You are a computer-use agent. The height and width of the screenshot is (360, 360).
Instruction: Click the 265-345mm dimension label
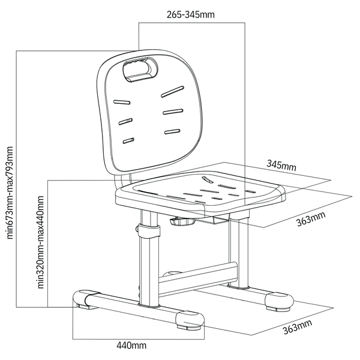pyautogui.click(x=191, y=14)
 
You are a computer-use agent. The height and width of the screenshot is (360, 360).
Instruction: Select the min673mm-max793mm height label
pyautogui.click(x=10, y=193)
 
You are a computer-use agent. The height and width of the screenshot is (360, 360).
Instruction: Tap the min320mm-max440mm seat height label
pyautogui.click(x=40, y=242)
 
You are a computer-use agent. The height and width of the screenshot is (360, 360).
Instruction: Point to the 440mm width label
pyautogui.click(x=131, y=346)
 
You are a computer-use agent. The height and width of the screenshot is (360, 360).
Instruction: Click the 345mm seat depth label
pyautogui.click(x=281, y=165)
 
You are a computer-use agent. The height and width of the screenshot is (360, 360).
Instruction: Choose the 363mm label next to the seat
pyautogui.click(x=311, y=218)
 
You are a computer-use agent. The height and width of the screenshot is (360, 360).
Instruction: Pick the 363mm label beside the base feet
pyautogui.click(x=298, y=326)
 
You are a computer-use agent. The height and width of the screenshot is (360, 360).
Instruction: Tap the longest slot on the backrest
pyautogui.click(x=172, y=92)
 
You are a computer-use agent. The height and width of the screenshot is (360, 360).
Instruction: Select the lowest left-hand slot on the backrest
pyautogui.click(x=128, y=141)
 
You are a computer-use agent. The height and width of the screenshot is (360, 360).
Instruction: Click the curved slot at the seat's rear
pyautogui.click(x=208, y=179)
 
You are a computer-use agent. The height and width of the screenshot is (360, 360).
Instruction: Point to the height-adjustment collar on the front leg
pyautogui.click(x=149, y=231)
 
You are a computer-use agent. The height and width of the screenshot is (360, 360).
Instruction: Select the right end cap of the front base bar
pyautogui.click(x=190, y=320)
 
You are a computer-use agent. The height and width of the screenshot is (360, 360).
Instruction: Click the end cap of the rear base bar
pyautogui.click(x=279, y=301)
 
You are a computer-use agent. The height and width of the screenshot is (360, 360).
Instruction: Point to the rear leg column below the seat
pyautogui.click(x=239, y=250)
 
